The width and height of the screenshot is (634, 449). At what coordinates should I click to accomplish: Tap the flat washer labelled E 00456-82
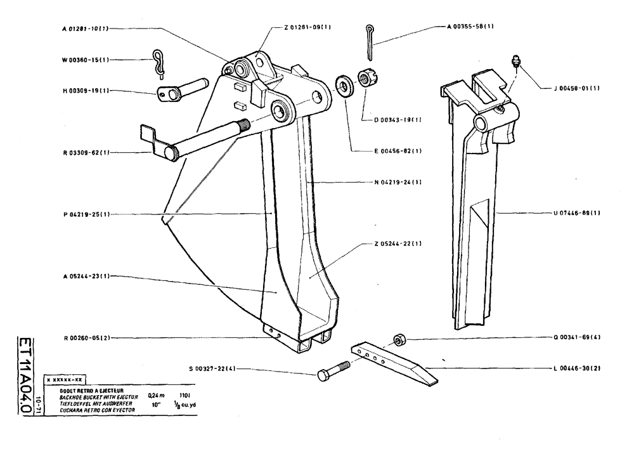point(345,85)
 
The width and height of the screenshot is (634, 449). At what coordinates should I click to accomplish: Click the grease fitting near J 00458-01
point(515,62)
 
